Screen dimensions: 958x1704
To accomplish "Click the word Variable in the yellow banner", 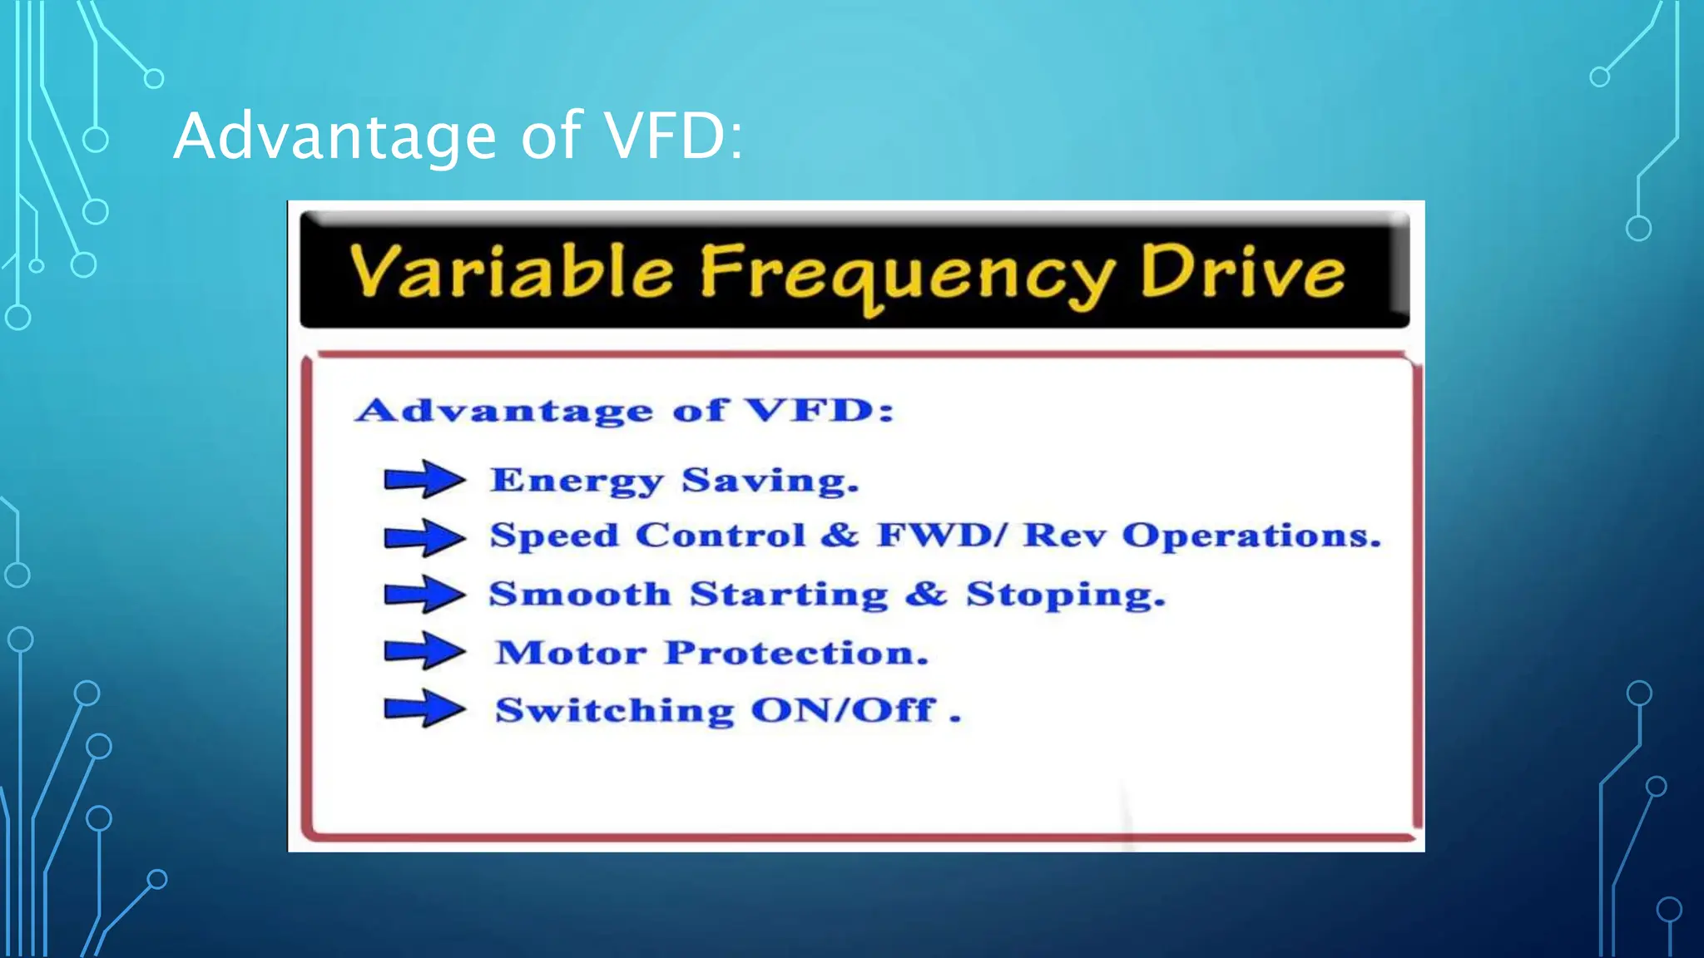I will [511, 272].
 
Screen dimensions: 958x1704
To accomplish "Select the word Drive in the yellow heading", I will [1241, 272].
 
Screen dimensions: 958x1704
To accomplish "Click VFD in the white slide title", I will [672, 136].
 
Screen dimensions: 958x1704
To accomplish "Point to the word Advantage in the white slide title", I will [335, 137].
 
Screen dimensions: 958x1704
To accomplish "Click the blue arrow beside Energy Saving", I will [424, 479].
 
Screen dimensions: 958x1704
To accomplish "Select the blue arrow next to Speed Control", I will [424, 537].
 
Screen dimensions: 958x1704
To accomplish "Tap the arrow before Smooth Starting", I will [424, 595].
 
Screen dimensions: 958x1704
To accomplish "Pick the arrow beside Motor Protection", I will [424, 650].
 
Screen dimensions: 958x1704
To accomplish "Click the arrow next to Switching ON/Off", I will [424, 709].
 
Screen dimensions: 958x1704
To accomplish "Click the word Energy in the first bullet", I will [577, 481].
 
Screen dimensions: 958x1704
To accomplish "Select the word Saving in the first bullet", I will [769, 481].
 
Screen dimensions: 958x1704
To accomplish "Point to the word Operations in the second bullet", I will [1251, 536].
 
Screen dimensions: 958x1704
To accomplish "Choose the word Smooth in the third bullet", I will [580, 594].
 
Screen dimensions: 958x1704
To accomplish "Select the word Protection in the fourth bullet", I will [795, 653].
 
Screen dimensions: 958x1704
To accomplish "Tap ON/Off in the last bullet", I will [844, 710].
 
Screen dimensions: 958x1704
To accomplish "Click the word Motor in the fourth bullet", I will [571, 653].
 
